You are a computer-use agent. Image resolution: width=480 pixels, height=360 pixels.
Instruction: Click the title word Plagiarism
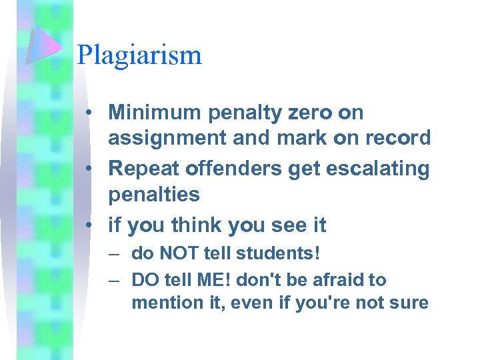pyautogui.click(x=139, y=55)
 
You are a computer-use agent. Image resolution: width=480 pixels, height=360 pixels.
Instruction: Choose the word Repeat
pyautogui.click(x=140, y=168)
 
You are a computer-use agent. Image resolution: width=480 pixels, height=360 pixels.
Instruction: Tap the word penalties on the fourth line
pyautogui.click(x=153, y=195)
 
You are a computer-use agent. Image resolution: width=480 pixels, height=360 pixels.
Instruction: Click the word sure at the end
pyautogui.click(x=409, y=303)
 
